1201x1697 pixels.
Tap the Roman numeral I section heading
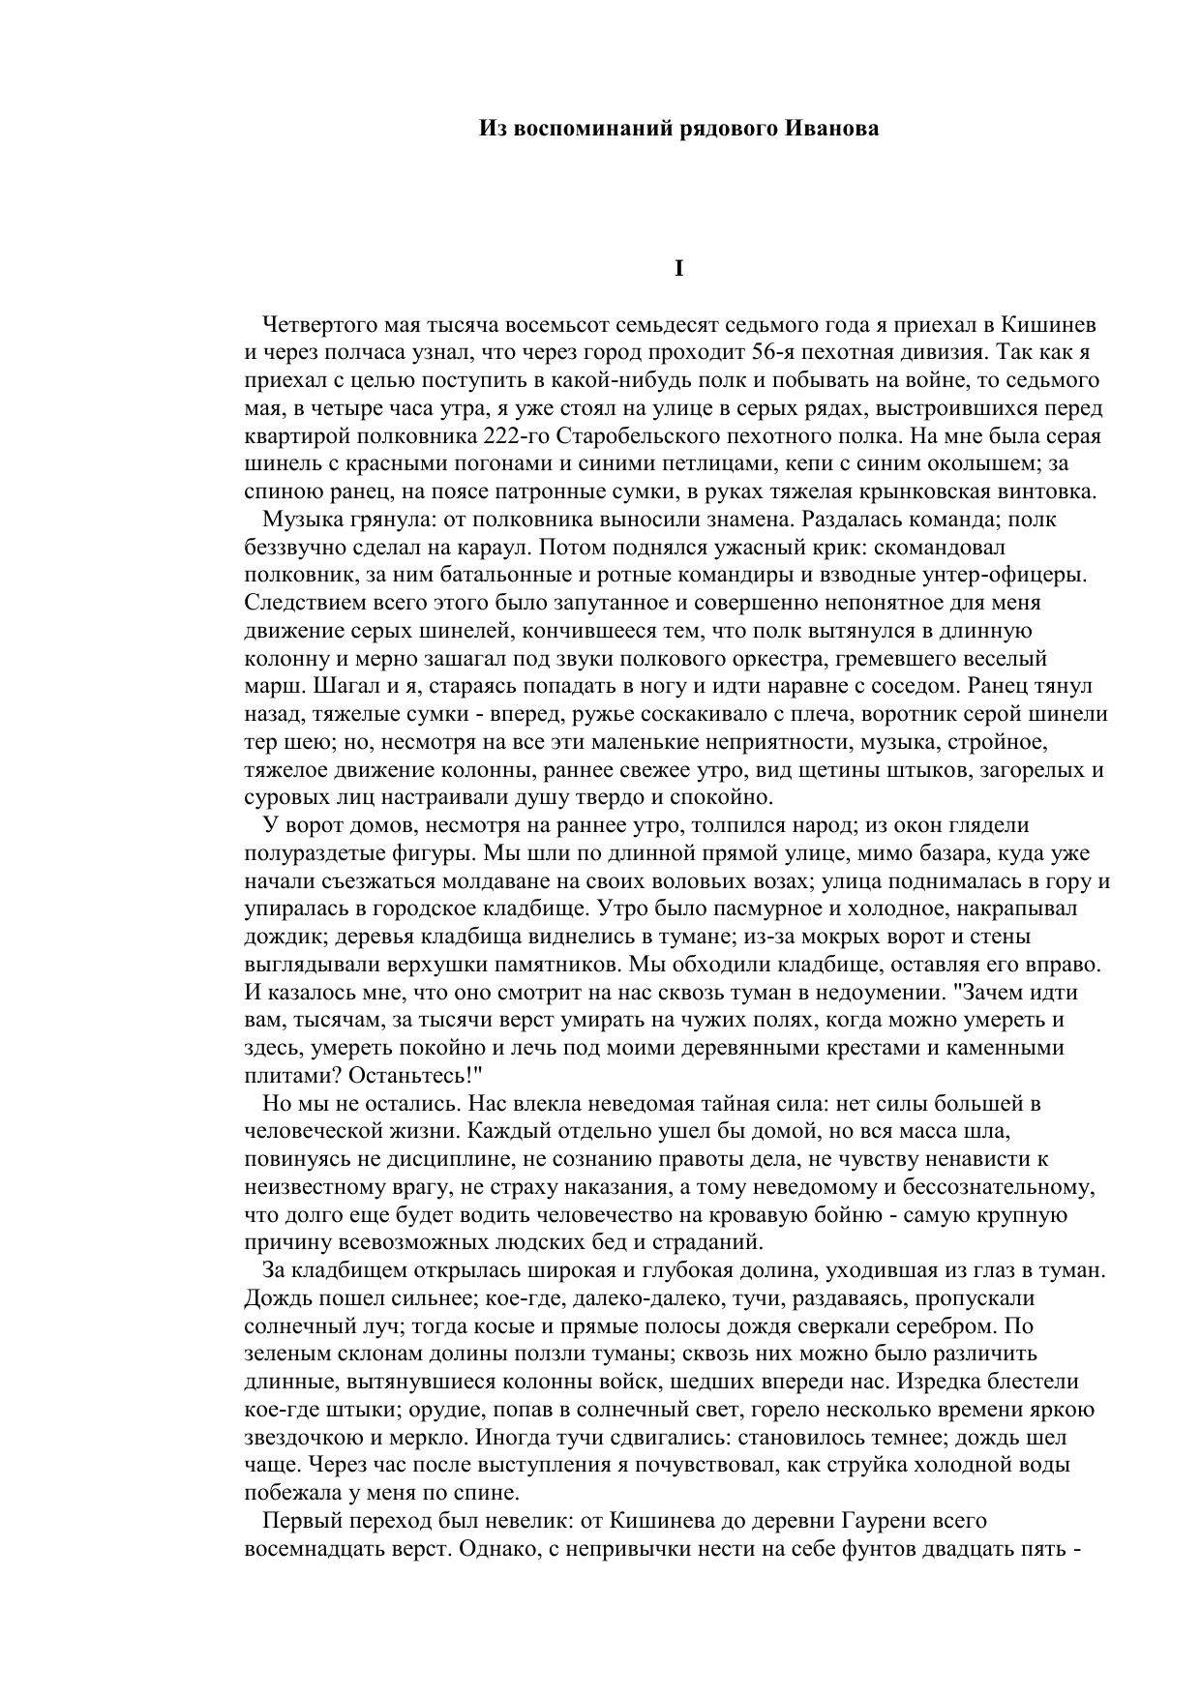[x=678, y=269]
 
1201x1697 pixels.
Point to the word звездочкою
[x=309, y=1438]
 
